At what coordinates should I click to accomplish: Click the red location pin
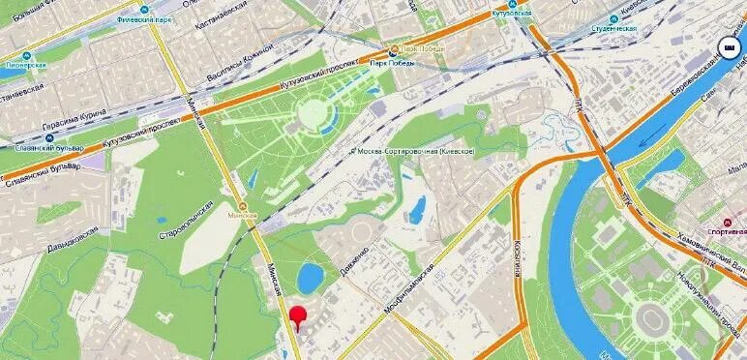[x=299, y=316]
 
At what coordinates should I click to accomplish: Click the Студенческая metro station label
[x=611, y=29]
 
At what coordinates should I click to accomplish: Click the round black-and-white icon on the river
[x=727, y=46]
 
